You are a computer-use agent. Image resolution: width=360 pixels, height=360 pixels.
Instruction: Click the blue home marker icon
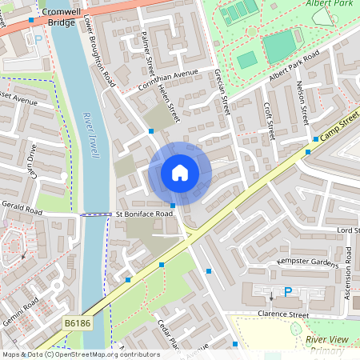point(180,173)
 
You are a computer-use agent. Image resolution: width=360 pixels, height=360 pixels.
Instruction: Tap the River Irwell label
point(90,135)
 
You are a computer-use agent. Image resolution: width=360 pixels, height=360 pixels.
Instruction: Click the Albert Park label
point(328,4)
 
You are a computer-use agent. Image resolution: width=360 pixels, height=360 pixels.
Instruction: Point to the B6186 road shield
point(77,323)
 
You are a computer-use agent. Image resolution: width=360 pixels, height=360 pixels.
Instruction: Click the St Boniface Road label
point(144,214)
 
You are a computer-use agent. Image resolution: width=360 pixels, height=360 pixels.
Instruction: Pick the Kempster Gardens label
point(308,262)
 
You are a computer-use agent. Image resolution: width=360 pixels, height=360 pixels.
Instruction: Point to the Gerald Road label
point(22,210)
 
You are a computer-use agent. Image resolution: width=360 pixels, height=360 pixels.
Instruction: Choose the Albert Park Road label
point(294,65)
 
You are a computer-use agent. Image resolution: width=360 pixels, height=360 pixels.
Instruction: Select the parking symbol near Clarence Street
point(287,293)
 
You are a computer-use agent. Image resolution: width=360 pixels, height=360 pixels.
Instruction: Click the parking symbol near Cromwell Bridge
point(37,38)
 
